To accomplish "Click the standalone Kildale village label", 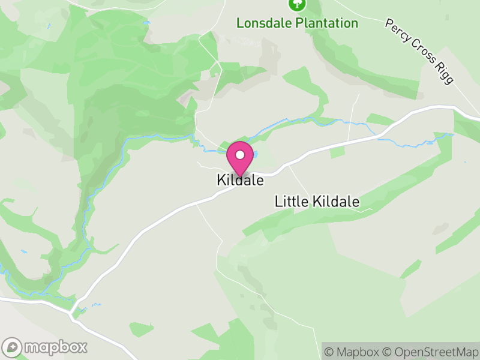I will point(240,180).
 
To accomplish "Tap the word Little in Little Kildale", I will point(289,202).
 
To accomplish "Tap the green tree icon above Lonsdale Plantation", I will point(297,4).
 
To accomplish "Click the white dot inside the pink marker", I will point(240,155).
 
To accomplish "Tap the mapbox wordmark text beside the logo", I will point(55,347).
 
